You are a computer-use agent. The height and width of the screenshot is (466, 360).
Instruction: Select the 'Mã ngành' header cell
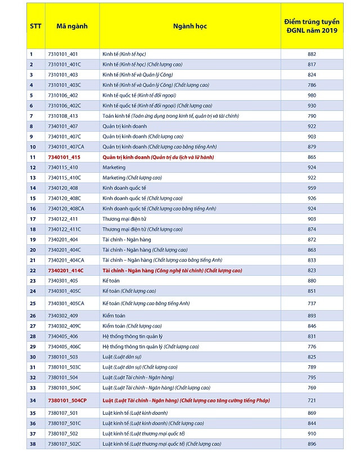[72, 26]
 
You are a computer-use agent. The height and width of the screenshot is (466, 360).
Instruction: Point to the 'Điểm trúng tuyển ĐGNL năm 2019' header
[312, 26]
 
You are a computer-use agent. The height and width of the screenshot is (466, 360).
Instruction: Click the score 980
[312, 95]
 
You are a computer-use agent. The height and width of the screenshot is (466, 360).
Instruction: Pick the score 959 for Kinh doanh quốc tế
[312, 188]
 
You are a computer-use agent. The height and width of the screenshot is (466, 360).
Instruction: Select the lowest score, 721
[312, 400]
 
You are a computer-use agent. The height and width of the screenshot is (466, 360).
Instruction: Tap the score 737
[312, 303]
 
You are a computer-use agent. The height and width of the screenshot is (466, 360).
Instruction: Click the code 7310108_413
[63, 116]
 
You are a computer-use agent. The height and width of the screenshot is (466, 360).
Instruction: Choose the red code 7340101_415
[64, 157]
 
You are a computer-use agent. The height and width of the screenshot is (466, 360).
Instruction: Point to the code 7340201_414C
[65, 270]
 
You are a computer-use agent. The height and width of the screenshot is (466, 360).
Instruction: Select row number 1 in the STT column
[31, 54]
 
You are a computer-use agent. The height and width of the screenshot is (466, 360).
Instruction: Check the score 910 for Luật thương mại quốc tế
[312, 433]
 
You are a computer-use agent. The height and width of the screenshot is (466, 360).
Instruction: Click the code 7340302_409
[63, 315]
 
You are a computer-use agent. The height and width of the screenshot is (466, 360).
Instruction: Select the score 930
[312, 105]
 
